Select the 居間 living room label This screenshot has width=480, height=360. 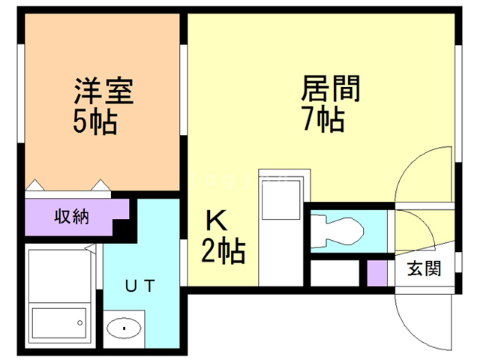point(330,89)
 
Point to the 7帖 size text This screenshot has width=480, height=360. point(323,118)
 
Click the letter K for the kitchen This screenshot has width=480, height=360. point(217,223)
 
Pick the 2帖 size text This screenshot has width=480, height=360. point(223,252)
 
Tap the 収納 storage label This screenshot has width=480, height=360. point(71,217)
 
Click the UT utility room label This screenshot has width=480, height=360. point(140,285)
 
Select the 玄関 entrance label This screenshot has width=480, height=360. point(424,268)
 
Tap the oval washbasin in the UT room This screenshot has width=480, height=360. point(123,327)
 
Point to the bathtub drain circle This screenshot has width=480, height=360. point(79,323)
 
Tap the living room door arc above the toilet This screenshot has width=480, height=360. point(421,180)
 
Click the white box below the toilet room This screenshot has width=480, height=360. point(335,272)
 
